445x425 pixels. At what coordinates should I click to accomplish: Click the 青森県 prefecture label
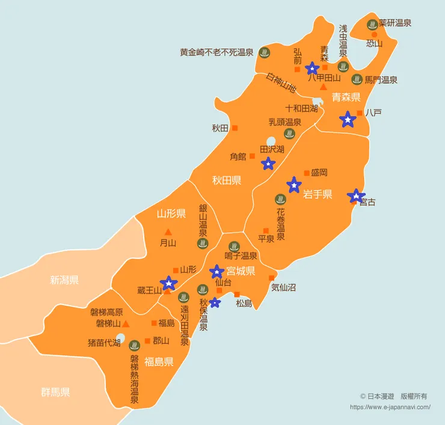[346, 97]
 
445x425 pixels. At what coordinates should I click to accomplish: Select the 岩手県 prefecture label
[318, 194]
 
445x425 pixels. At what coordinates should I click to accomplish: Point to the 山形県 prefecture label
[171, 214]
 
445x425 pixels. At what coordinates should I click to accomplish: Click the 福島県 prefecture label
[159, 362]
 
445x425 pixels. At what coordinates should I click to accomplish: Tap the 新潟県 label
[64, 280]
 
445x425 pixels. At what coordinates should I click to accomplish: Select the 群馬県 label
[55, 392]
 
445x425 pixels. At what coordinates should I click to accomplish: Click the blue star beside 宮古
[356, 196]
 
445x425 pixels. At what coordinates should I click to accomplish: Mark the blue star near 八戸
[348, 120]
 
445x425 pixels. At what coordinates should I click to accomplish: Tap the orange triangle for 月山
[168, 232]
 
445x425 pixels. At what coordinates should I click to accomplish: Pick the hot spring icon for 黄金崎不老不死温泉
[264, 52]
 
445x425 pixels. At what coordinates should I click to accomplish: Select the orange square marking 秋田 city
[235, 128]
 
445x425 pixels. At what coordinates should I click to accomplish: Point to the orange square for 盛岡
[307, 173]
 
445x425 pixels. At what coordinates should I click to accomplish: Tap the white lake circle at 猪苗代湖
[121, 338]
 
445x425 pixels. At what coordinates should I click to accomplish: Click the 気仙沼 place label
[283, 288]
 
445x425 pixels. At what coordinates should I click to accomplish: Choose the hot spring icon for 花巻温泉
[280, 199]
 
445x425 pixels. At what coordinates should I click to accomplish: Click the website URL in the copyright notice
[390, 407]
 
